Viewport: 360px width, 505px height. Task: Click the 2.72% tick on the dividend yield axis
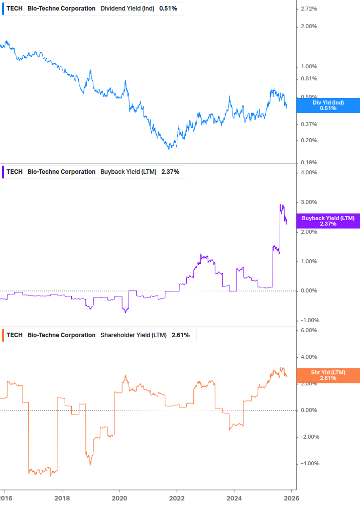point(308,9)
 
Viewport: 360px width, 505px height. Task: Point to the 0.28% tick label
point(308,140)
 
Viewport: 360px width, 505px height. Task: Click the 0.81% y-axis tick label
point(308,79)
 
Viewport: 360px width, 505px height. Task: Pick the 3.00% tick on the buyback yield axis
point(308,202)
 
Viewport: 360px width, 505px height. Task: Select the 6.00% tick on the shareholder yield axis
point(308,330)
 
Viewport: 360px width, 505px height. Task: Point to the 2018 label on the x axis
point(62,498)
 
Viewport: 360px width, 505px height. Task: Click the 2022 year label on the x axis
point(177,498)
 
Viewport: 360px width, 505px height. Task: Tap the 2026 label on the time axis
point(292,498)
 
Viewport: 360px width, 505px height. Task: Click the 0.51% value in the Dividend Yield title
point(168,9)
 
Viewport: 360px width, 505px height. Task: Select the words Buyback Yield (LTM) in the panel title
point(129,172)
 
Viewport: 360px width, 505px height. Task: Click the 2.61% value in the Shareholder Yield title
point(181,335)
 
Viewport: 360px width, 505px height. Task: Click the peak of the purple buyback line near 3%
point(280,204)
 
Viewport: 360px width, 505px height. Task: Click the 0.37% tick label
point(308,124)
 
